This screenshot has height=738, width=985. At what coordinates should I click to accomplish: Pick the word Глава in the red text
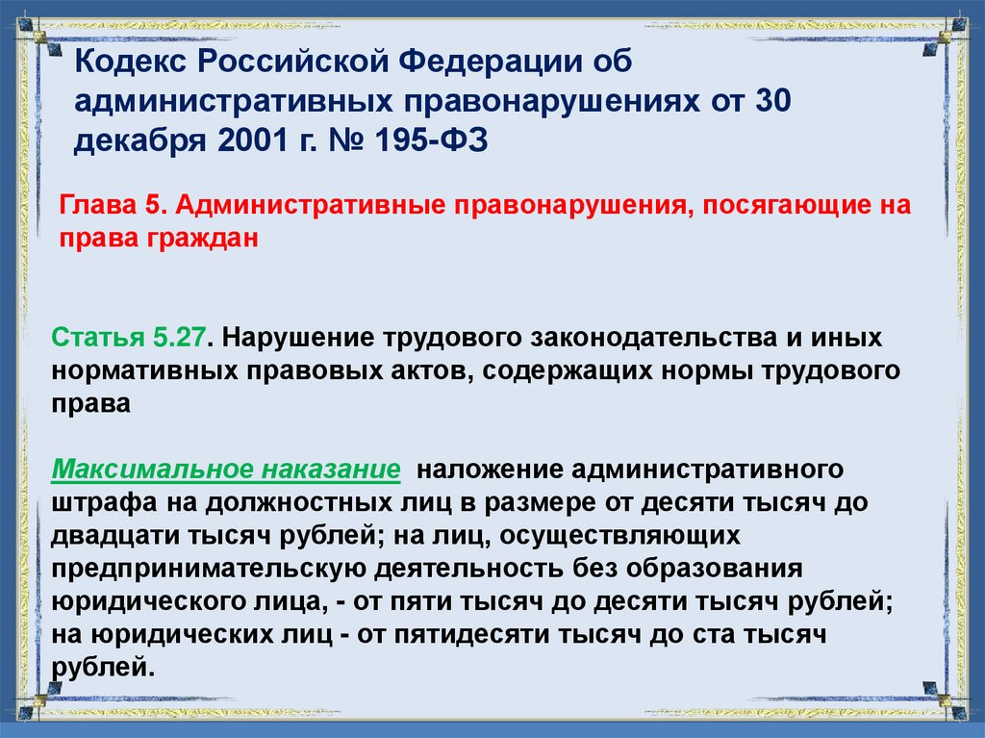click(x=93, y=207)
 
